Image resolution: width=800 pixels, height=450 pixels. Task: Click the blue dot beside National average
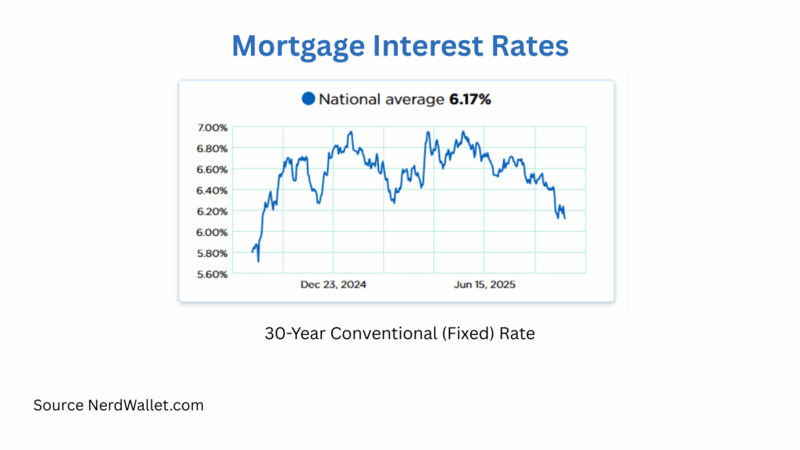(x=308, y=99)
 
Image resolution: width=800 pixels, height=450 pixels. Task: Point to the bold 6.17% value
(x=470, y=99)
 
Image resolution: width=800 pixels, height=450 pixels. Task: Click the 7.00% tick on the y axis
(x=212, y=127)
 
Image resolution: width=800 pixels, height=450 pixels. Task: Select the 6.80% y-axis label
(x=212, y=148)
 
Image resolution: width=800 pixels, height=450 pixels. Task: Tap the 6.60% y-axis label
(x=212, y=170)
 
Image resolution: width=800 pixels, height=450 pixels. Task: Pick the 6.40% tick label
(x=212, y=191)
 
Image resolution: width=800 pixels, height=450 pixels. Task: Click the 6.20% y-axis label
(x=212, y=212)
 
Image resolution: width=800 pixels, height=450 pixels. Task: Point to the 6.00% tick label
(x=212, y=233)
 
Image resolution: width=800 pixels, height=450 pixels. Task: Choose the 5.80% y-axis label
(x=212, y=253)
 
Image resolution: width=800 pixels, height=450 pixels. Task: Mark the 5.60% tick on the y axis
(x=212, y=274)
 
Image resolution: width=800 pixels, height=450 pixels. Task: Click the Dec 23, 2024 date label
(x=334, y=285)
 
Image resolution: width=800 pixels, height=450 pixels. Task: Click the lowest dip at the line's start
(x=258, y=261)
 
